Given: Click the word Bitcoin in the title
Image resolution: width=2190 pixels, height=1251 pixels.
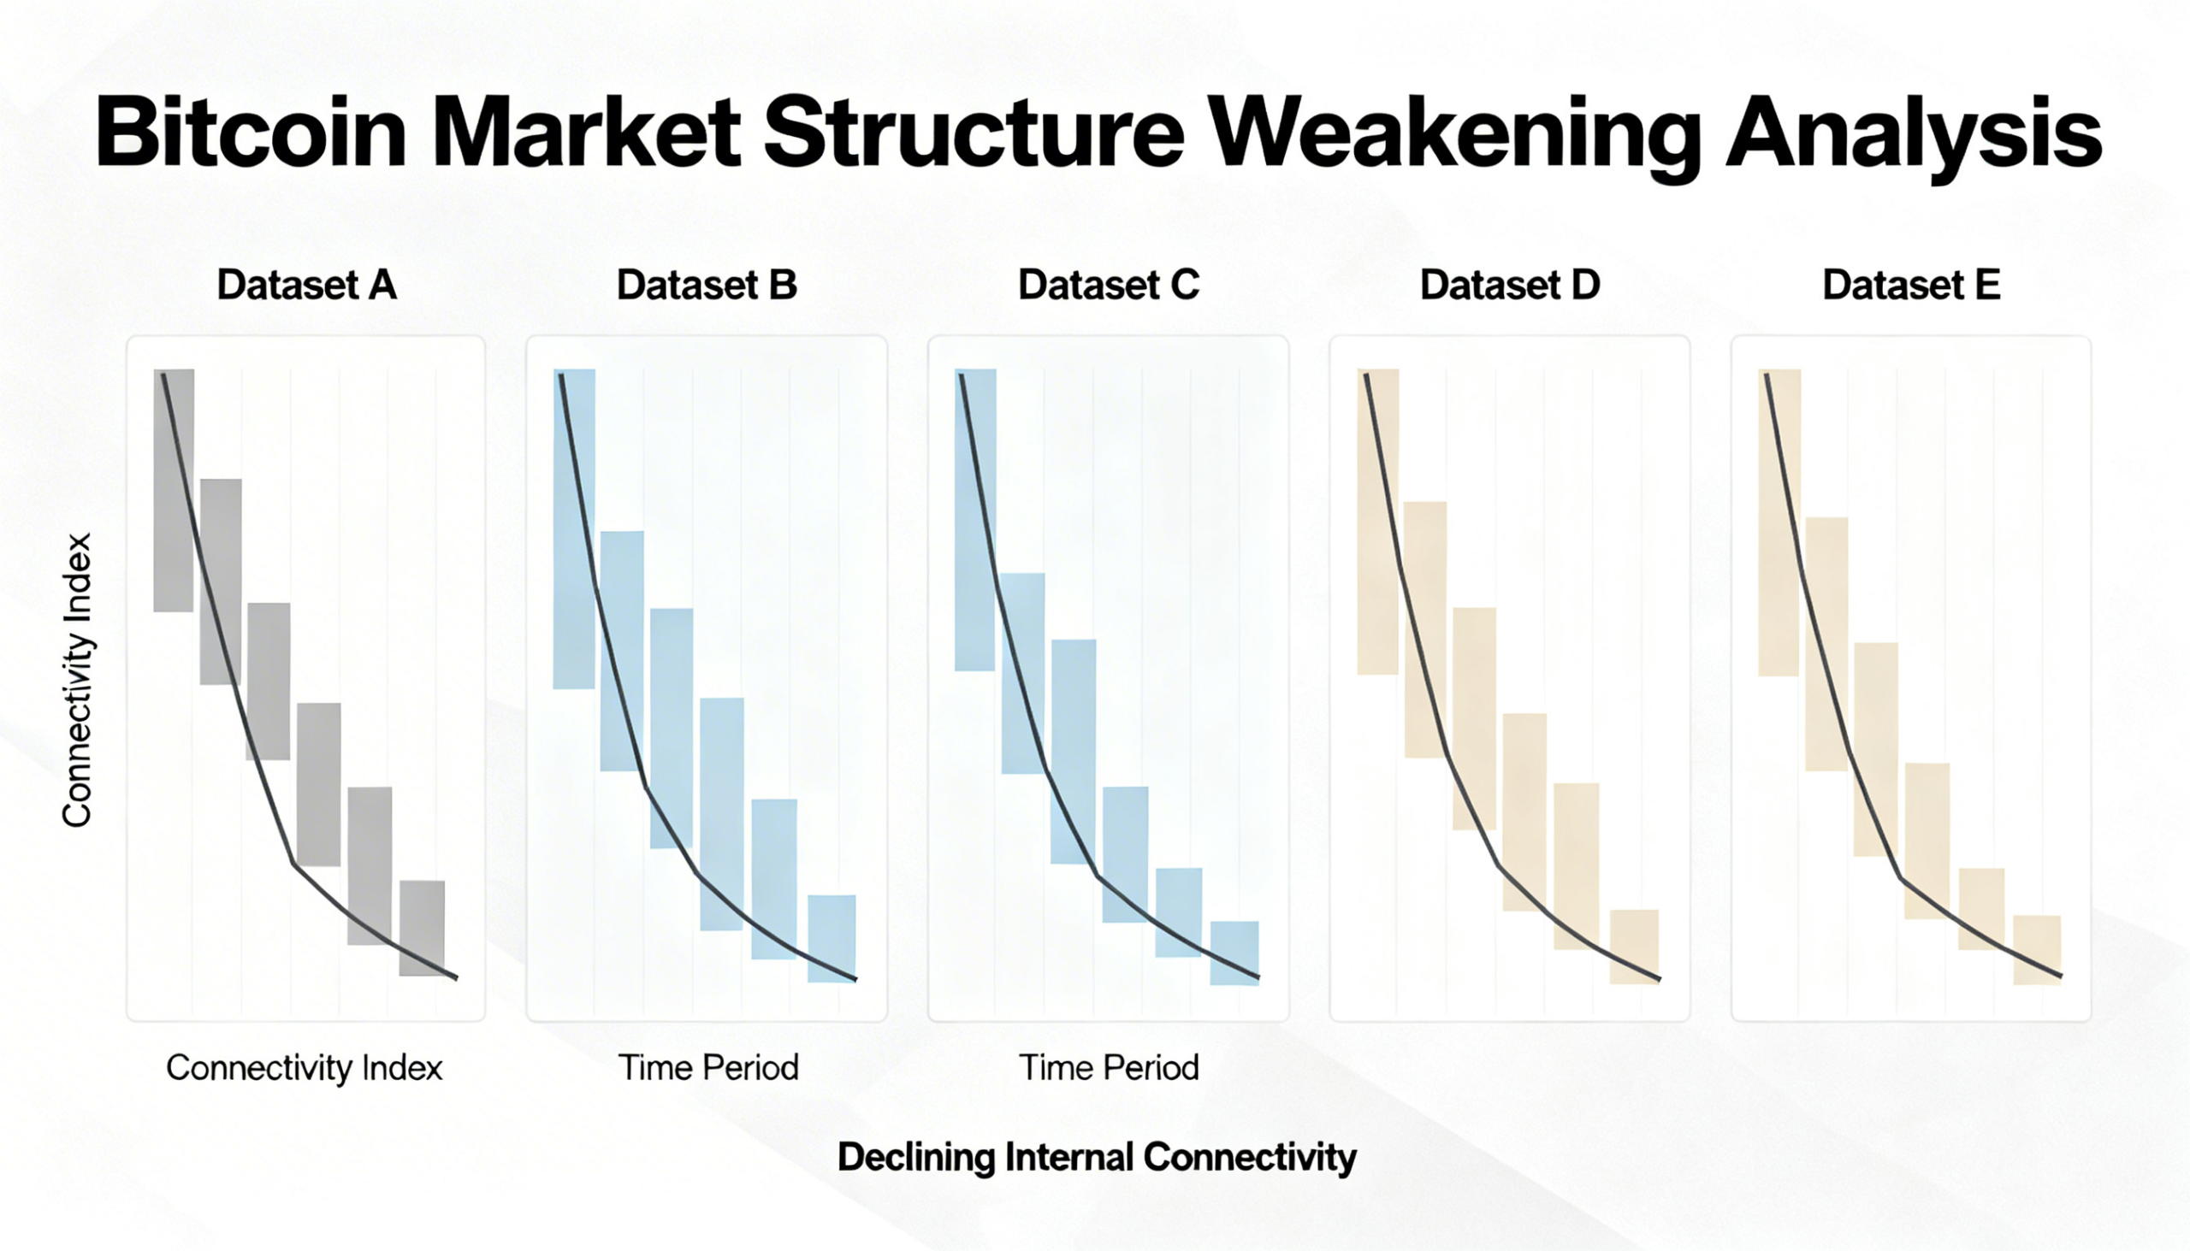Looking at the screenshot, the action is pos(250,133).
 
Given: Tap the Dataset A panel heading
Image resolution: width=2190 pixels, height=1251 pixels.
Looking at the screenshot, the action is pos(307,286).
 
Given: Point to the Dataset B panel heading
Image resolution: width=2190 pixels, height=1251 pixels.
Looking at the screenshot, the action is pos(707,286).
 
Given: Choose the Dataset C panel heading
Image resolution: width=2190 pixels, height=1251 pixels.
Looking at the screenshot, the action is pos(1109,286).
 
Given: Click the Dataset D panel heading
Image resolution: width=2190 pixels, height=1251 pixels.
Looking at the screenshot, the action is pos(1510,286).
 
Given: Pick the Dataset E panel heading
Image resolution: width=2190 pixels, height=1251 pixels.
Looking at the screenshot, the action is pos(1910,286).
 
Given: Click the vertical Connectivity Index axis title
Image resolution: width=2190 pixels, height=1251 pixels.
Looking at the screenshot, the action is pos(77,681).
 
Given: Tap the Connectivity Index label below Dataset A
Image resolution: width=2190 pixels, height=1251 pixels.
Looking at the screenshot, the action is pos(305,1068).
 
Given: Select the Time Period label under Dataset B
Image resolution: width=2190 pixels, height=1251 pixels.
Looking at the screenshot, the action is pos(708,1068).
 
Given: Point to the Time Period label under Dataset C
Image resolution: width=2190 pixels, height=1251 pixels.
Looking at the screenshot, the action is pos(1109,1068).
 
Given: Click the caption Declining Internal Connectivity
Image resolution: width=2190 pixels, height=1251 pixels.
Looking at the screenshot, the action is pos(1097,1157).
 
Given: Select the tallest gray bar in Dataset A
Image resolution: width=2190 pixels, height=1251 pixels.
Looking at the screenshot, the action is pos(174,491).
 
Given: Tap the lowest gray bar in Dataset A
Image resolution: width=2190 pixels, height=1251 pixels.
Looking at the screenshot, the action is pos(422,928).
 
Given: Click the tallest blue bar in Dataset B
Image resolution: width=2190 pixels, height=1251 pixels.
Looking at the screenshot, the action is pos(574,529).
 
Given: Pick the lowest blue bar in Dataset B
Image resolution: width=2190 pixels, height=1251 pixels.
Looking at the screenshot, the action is pos(832,938).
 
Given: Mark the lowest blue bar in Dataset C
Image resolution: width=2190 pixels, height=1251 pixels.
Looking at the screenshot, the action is pos(1234,953).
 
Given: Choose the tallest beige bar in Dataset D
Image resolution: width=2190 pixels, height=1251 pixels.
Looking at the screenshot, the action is pos(1378,522).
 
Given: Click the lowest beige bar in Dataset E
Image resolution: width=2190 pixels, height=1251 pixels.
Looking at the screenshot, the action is pos(2037,950).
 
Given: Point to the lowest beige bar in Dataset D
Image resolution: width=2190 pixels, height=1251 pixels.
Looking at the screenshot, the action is pos(1634,947).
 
